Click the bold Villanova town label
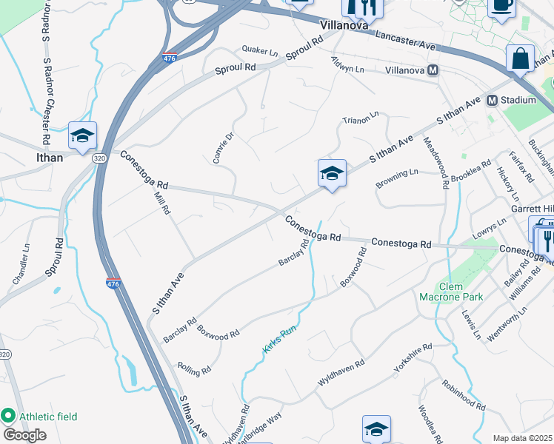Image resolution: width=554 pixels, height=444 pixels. click(344, 24)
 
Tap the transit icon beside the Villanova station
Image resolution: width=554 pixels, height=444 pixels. click(434, 70)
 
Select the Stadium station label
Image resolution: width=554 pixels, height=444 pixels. click(518, 100)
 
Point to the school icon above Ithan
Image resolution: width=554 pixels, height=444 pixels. click(82, 134)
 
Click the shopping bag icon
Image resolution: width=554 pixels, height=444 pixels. click(520, 57)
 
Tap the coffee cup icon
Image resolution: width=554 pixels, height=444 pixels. click(501, 6)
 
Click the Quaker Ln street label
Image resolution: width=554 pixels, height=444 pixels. click(260, 51)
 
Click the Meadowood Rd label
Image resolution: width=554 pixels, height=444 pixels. click(436, 164)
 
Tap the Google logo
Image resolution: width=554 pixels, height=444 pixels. click(24, 434)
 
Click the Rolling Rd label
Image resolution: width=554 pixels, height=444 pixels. click(195, 367)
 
